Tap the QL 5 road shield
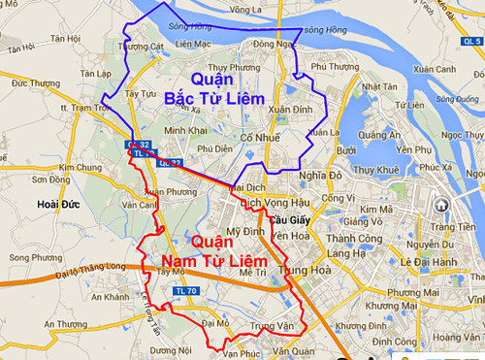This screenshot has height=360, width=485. click(x=469, y=44)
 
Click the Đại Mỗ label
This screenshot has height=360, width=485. click(x=215, y=321)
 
